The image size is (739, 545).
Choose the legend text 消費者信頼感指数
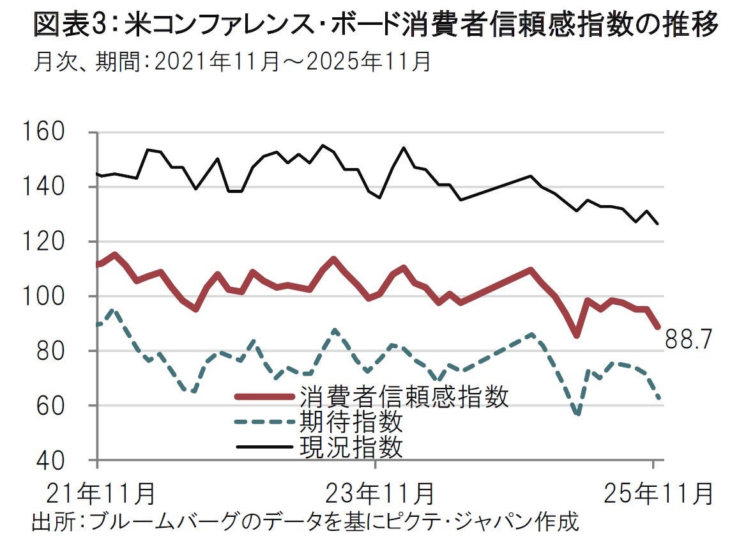(x=403, y=397)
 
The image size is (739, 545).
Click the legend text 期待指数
(x=351, y=422)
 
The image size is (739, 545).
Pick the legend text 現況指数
(x=351, y=447)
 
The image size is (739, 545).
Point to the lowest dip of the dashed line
(x=578, y=414)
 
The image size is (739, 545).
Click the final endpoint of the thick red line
(x=657, y=326)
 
